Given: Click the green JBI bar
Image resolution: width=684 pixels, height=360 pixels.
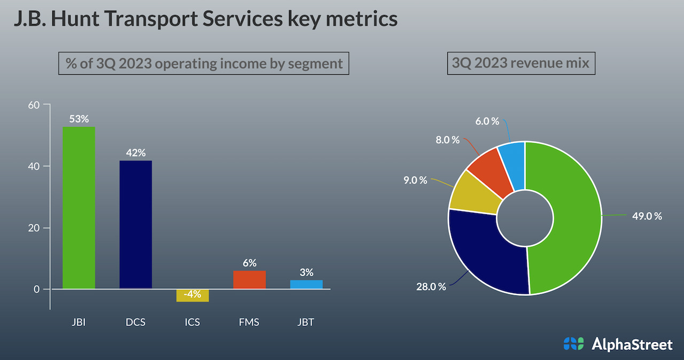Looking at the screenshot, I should pos(79,208).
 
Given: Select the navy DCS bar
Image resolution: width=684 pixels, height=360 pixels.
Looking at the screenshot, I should pos(136,224).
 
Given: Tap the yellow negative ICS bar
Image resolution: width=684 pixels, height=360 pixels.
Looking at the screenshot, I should pos(192,295).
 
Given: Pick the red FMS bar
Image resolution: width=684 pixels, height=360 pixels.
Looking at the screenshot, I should pos(250,279).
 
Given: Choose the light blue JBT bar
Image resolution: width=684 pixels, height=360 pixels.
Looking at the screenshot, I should pos(306,284).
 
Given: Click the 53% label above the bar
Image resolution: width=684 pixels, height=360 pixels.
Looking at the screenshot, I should pos(79,119).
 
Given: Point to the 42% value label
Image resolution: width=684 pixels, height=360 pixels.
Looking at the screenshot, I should pos(136,153).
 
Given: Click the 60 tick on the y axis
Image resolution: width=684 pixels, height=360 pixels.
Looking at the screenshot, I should pos(34,105).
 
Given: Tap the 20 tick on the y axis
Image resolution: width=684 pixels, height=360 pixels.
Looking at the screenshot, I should pos(34,228).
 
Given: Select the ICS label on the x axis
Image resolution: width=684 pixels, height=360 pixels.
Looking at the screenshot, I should pos(192,323).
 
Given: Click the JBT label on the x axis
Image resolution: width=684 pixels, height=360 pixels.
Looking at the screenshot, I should pos(306,323).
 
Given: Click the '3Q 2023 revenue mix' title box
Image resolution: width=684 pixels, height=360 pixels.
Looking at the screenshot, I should pos(520,63).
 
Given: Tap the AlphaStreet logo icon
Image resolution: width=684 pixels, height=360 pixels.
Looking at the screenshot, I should pos(574,343).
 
